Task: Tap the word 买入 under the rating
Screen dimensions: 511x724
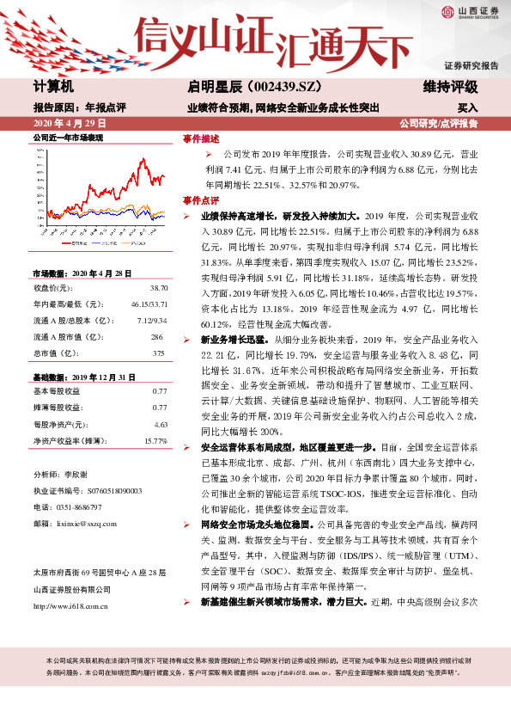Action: [467, 108]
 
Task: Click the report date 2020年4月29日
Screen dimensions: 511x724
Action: [64, 124]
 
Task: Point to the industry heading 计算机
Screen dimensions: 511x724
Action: [54, 87]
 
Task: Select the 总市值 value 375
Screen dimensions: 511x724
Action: [157, 328]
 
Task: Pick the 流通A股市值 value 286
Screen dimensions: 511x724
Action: [157, 315]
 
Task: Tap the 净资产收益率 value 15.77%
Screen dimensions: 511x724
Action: [155, 440]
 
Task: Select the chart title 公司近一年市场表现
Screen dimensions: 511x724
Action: [68, 138]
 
